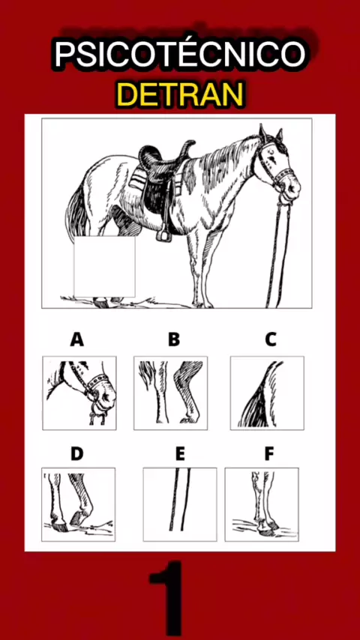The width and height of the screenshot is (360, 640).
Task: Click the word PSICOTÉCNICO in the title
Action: point(180,55)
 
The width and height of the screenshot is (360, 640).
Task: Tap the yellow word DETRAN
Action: point(180,94)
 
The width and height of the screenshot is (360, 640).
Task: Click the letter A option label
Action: point(76,339)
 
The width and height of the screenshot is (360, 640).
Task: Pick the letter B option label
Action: point(174,339)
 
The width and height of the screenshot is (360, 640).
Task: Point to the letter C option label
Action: point(271,339)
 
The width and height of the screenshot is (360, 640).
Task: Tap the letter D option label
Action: point(76,453)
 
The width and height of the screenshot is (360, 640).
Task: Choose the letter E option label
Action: point(180,453)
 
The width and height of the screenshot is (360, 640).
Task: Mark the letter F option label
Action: point(269,453)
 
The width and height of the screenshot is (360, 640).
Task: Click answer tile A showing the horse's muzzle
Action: point(79,393)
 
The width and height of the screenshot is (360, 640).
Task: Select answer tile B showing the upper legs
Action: point(170,393)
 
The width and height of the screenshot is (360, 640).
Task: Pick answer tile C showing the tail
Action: point(267,393)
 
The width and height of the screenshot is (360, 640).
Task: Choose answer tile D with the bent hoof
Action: point(79,504)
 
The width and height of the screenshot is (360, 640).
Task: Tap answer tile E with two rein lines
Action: point(180,504)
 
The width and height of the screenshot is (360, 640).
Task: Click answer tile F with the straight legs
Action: point(262,504)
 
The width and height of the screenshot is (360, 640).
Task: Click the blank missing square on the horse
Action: point(104,267)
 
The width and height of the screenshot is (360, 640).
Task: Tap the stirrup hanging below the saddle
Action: point(164,234)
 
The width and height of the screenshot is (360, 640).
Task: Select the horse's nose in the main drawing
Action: point(293,189)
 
